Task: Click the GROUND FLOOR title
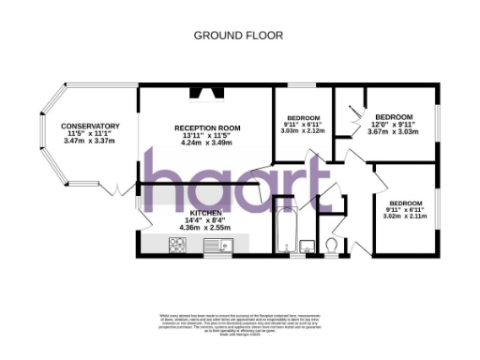[238, 36]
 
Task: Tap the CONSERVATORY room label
[90, 126]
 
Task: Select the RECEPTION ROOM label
[207, 127]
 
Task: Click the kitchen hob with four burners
[175, 246]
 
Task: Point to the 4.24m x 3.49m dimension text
[207, 142]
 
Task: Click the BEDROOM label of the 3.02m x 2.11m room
[406, 202]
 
